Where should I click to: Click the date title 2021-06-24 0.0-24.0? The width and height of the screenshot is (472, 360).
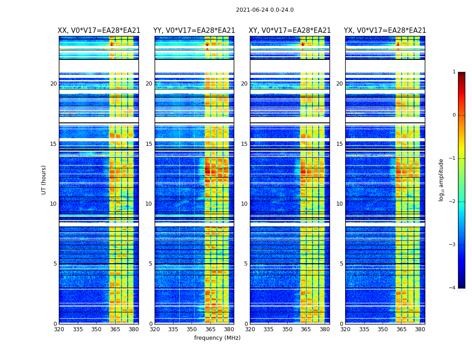(x=264, y=10)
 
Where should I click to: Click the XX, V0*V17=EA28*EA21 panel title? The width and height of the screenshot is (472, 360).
(x=99, y=31)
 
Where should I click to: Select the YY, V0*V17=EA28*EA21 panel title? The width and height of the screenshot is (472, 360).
(x=194, y=31)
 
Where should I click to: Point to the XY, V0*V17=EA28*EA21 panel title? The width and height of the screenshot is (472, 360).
(x=290, y=31)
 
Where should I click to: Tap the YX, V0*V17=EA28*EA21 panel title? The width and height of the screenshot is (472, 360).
(x=385, y=31)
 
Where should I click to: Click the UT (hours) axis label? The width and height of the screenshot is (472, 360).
(x=44, y=180)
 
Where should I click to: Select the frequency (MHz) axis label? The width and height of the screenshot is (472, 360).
(x=217, y=338)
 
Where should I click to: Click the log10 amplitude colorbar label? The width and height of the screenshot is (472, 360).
(x=441, y=180)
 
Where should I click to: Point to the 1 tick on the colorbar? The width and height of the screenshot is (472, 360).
(x=454, y=72)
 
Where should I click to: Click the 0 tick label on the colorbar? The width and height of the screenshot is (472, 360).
(x=454, y=115)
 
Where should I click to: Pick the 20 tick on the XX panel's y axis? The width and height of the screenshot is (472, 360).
(x=53, y=84)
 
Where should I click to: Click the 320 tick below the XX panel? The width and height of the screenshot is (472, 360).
(x=59, y=329)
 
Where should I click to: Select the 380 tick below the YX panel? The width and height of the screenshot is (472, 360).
(x=420, y=329)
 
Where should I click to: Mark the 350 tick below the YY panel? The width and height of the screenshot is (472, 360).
(x=192, y=329)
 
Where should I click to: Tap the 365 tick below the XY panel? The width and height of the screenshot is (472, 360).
(x=306, y=329)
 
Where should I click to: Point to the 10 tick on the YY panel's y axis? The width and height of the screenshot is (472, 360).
(x=149, y=204)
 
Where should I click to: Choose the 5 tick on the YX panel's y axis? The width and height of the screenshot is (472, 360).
(x=341, y=264)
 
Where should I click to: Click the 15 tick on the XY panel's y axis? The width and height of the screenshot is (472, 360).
(x=244, y=144)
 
